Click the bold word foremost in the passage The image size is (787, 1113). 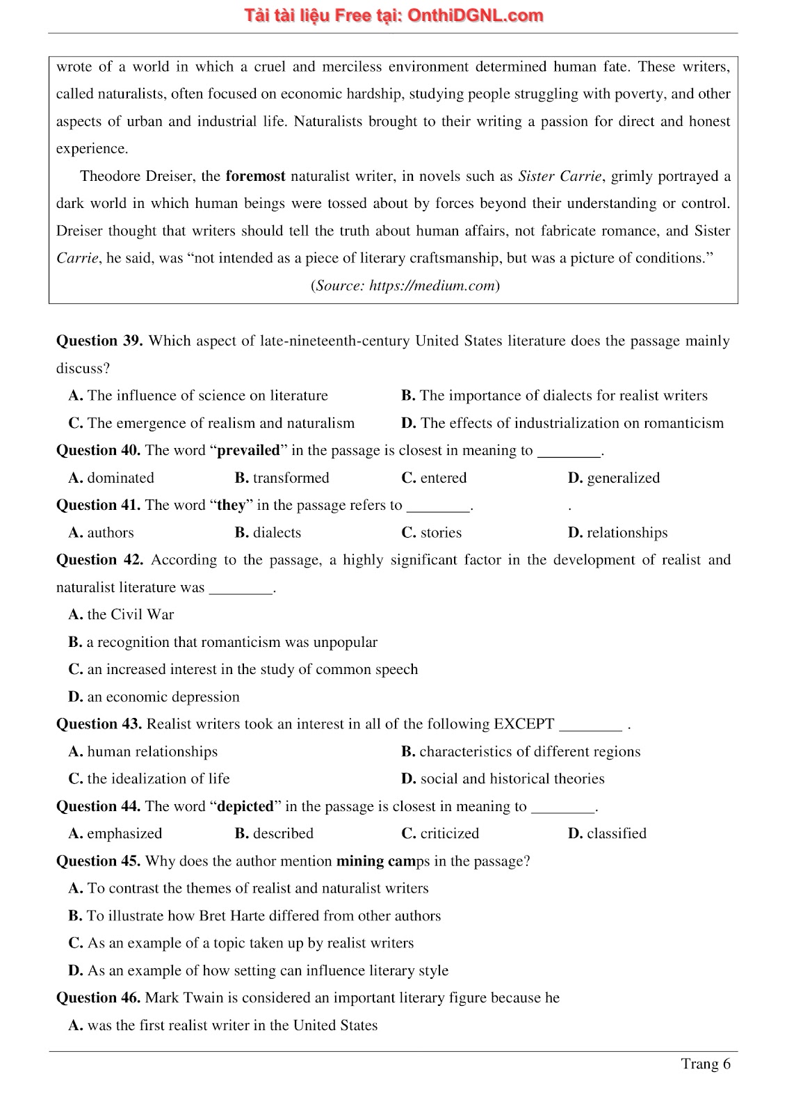(x=255, y=176)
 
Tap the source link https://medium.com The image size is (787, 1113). (x=432, y=285)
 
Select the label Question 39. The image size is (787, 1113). (x=99, y=341)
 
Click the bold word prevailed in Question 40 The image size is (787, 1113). (x=248, y=450)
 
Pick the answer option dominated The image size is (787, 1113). (x=120, y=478)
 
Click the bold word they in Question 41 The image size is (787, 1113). (x=231, y=505)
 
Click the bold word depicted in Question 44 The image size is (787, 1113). (x=245, y=806)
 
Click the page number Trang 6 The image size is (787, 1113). (x=705, y=1064)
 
